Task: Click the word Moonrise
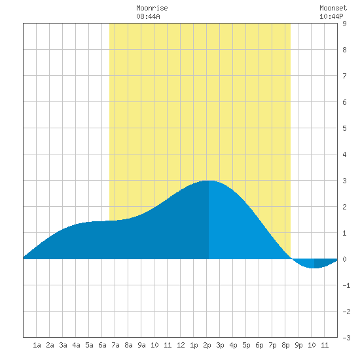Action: click(x=152, y=8)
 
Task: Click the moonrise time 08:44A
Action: click(x=148, y=16)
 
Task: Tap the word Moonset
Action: click(x=333, y=8)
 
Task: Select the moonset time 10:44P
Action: click(x=331, y=16)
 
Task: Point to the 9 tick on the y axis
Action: click(x=344, y=24)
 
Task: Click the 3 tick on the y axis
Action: click(x=344, y=181)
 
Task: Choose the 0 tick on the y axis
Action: click(x=344, y=259)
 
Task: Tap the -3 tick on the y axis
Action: click(x=346, y=338)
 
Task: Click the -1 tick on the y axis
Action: click(x=346, y=285)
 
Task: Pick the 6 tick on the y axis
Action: click(x=344, y=102)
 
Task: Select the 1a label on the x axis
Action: click(x=37, y=345)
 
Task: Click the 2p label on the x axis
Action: click(x=207, y=345)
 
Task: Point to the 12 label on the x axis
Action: click(x=181, y=345)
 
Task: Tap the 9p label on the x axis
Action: click(x=298, y=345)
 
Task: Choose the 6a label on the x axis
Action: click(x=102, y=345)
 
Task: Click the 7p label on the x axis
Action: click(x=272, y=345)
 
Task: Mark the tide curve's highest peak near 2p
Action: click(x=209, y=181)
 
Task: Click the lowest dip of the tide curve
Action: click(x=314, y=268)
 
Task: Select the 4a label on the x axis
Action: click(x=76, y=345)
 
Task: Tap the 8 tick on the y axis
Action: click(x=344, y=50)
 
